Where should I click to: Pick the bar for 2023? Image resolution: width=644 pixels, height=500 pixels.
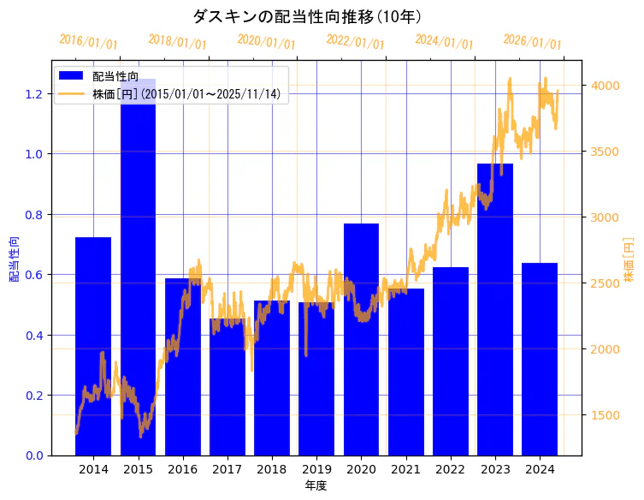495,309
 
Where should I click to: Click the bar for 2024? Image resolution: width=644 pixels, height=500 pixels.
540,359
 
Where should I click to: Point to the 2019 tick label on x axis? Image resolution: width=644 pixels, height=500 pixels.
316,470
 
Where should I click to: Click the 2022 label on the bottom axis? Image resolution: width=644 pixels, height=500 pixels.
451,470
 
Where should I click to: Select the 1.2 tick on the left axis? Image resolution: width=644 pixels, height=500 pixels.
34,94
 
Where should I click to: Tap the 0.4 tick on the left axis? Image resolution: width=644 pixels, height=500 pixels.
34,336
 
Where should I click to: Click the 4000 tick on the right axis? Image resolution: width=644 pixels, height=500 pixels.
605,86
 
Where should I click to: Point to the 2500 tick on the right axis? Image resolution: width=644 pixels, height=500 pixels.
605,283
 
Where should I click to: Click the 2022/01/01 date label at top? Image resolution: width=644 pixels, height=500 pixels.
356,42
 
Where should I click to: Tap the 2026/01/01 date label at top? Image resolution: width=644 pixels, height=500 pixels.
532,42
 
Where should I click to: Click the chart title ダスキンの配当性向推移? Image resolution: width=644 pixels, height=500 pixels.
307,16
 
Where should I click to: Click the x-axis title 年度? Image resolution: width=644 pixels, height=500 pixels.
316,485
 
